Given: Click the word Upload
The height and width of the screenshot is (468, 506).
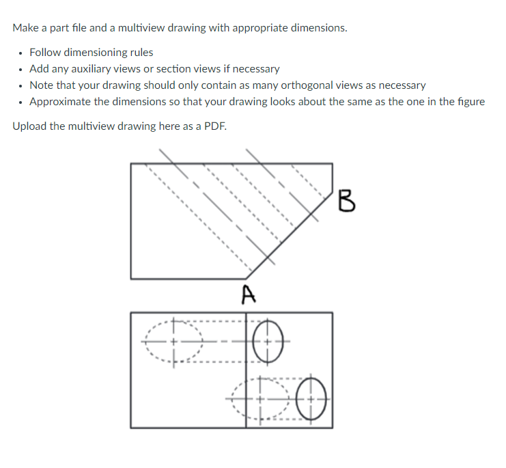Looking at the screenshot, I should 29,127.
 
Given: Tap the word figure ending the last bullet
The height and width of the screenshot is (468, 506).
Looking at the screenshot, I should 469,102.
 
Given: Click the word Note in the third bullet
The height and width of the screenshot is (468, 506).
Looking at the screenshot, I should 42,85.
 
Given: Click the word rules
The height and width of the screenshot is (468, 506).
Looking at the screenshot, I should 139,53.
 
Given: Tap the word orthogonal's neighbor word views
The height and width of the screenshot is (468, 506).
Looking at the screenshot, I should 370,85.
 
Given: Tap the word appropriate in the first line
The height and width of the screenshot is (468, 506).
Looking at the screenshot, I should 259,28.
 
